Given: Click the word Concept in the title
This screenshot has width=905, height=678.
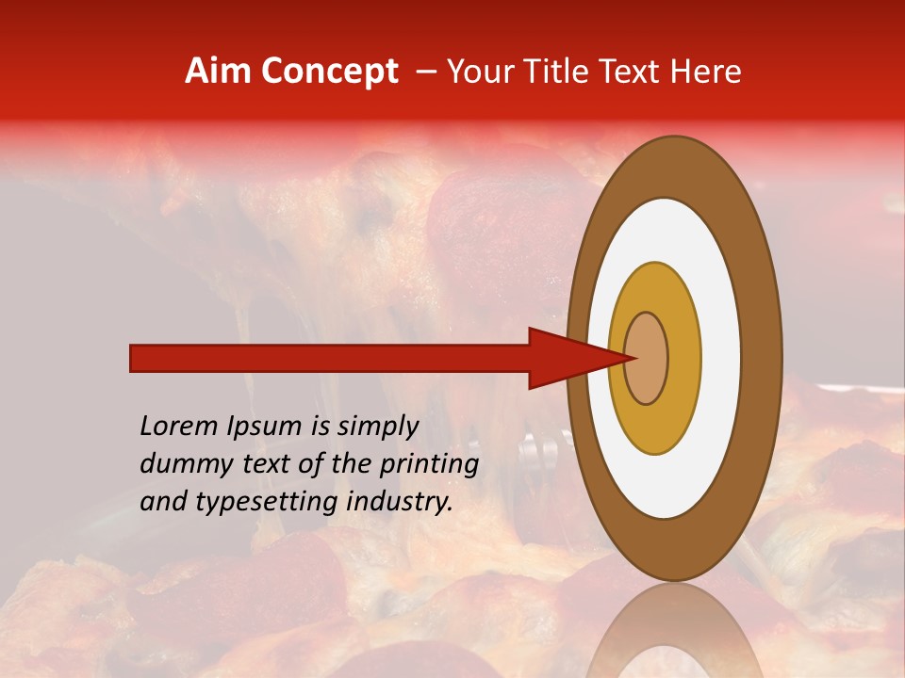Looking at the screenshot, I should pyautogui.click(x=328, y=72).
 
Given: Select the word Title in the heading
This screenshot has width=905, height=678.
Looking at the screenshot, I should pyautogui.click(x=558, y=72).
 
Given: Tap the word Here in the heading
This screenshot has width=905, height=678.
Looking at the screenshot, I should pyautogui.click(x=705, y=72).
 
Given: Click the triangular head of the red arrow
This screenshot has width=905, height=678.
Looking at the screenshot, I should pyautogui.click(x=566, y=358).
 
